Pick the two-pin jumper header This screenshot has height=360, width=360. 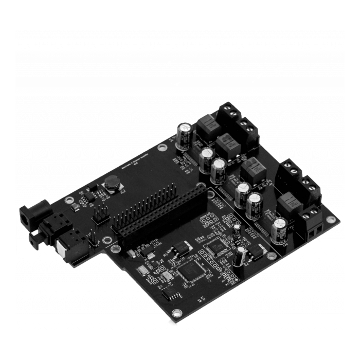pyautogui.click(x=93, y=238)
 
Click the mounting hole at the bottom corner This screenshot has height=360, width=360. pyautogui.click(x=177, y=313)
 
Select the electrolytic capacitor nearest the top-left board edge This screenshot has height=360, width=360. pyautogui.click(x=185, y=135)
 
